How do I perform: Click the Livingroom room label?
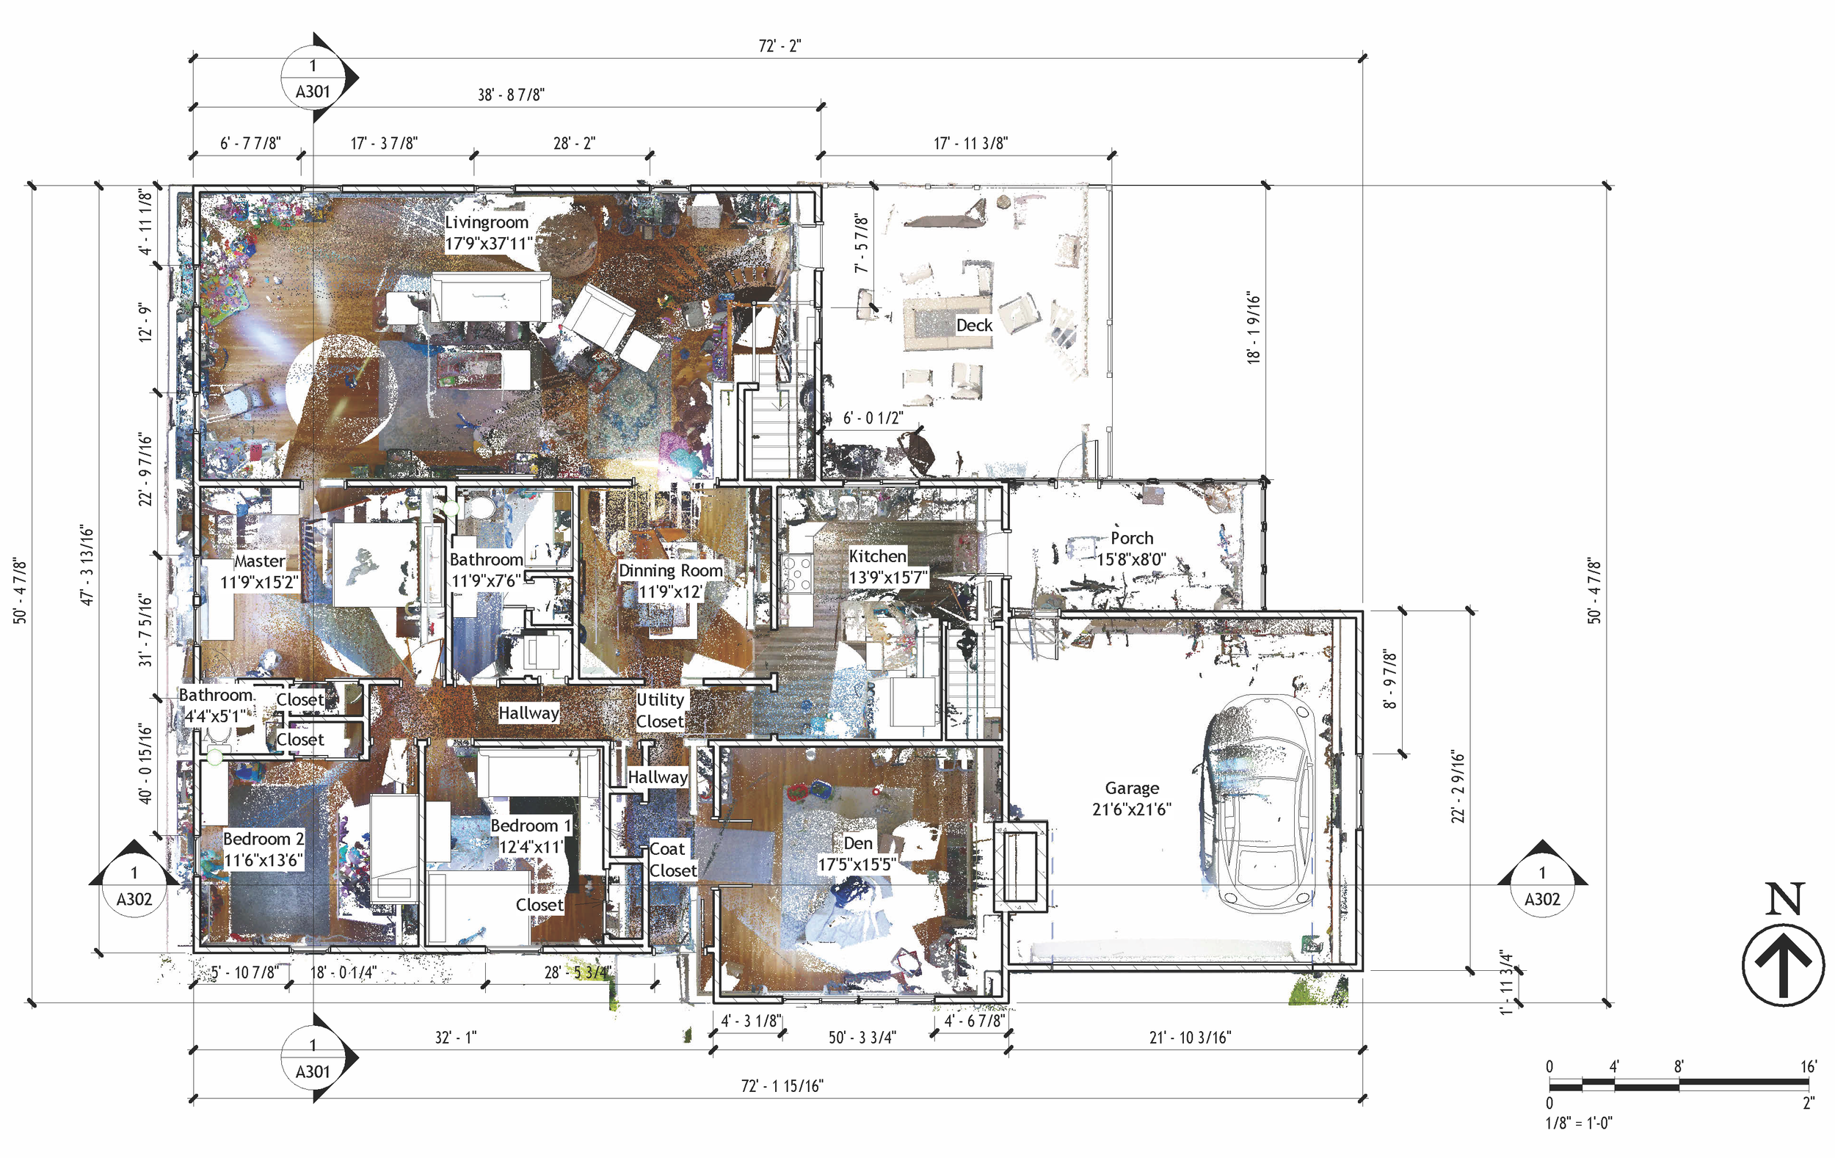tap(487, 233)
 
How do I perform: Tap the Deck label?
tap(974, 325)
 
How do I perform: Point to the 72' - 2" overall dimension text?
tap(780, 45)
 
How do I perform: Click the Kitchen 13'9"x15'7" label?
tap(888, 567)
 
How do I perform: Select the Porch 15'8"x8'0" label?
tap(1131, 548)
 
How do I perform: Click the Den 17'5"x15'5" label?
tap(857, 853)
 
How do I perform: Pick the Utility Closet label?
tap(660, 710)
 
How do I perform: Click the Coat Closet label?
tap(672, 859)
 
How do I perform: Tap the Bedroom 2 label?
tap(263, 850)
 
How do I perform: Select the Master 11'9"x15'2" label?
tap(258, 572)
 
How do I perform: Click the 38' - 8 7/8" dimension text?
tap(511, 95)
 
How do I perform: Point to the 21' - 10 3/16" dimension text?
tap(1190, 1038)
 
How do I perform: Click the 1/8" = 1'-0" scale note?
tap(1578, 1122)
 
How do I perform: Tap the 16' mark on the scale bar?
tap(1809, 1066)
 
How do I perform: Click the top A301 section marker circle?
tap(313, 78)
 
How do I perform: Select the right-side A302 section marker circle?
tap(1541, 886)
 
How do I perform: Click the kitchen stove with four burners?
tap(798, 574)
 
